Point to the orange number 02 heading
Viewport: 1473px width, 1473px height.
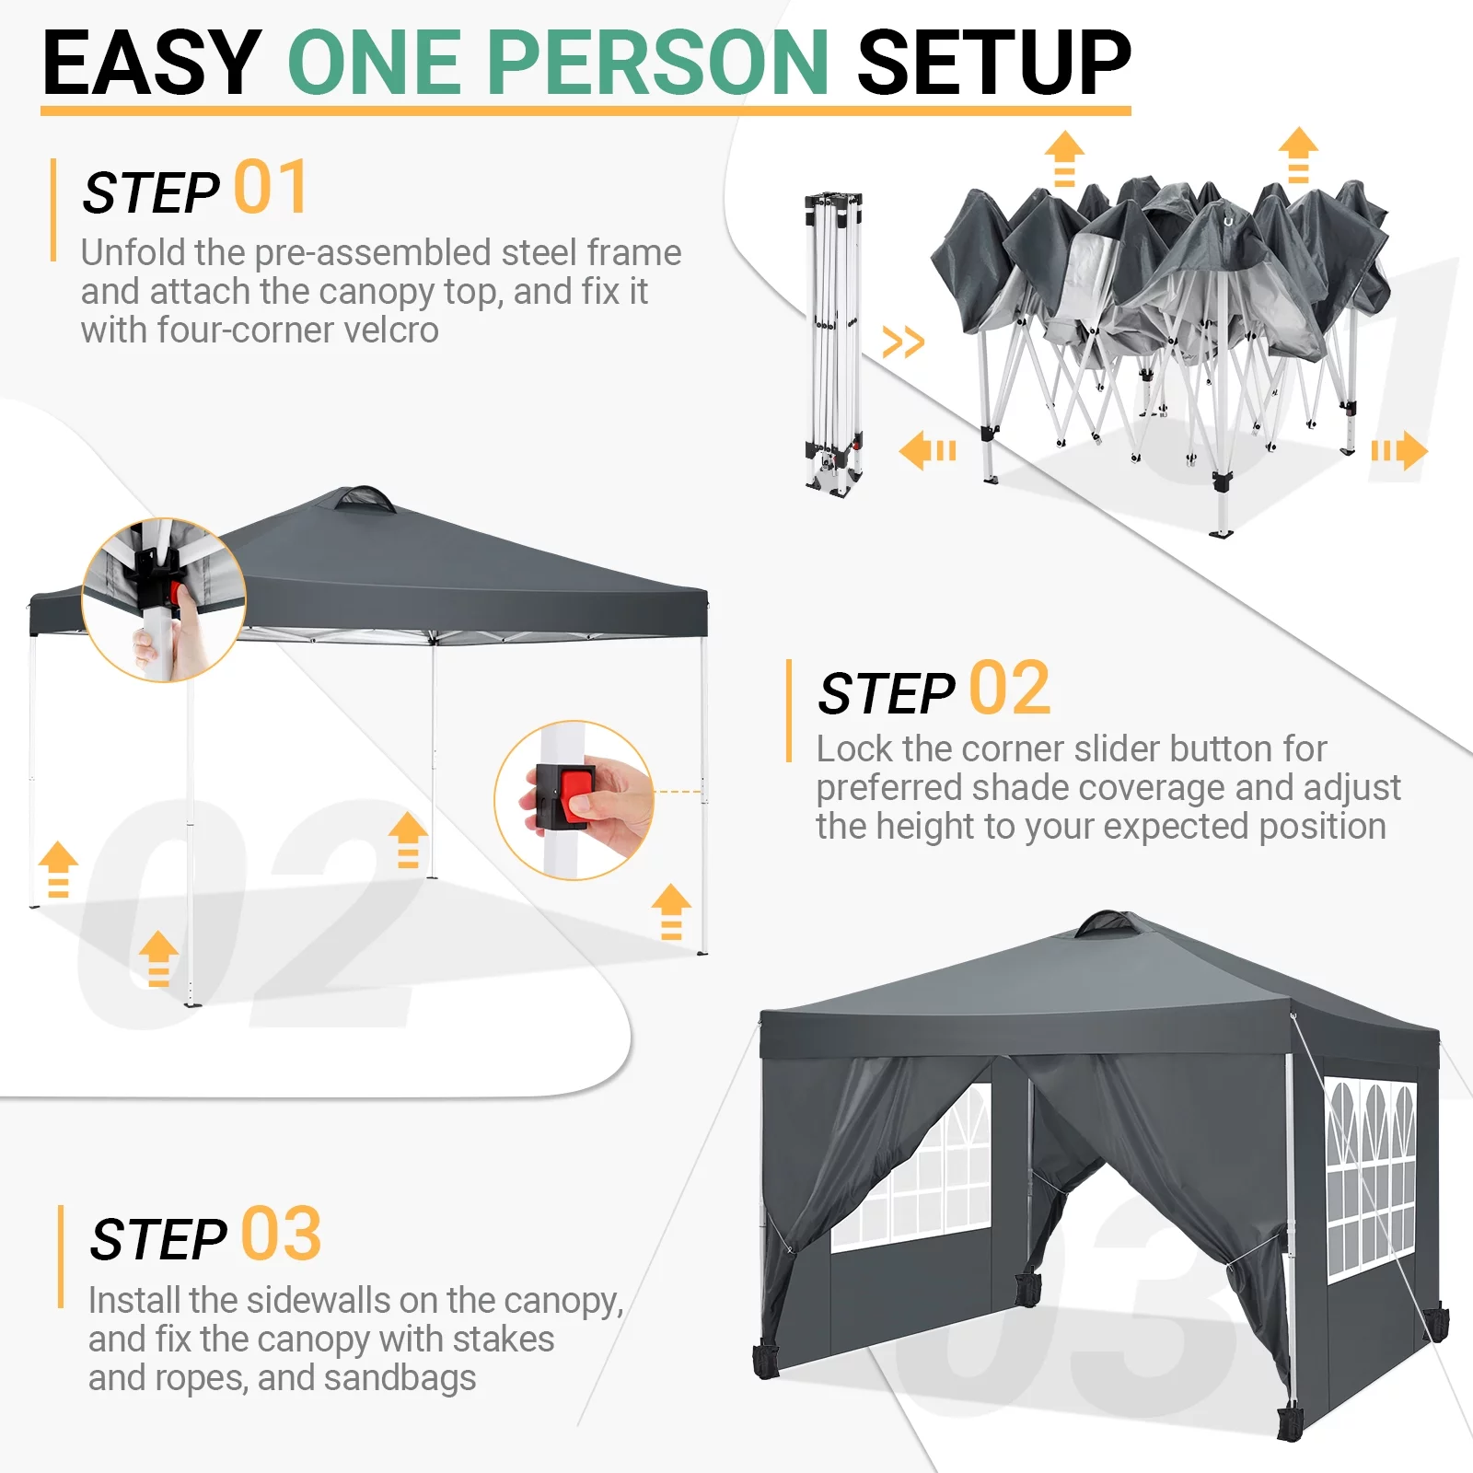(x=1009, y=688)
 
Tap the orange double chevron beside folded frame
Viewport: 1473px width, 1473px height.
(x=902, y=342)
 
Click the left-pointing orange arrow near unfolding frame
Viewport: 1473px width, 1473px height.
(x=927, y=451)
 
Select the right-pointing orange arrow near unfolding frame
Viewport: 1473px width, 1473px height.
(x=1400, y=451)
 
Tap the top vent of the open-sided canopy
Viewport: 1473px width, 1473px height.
(x=365, y=499)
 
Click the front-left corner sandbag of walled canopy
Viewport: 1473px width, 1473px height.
(x=766, y=1361)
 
